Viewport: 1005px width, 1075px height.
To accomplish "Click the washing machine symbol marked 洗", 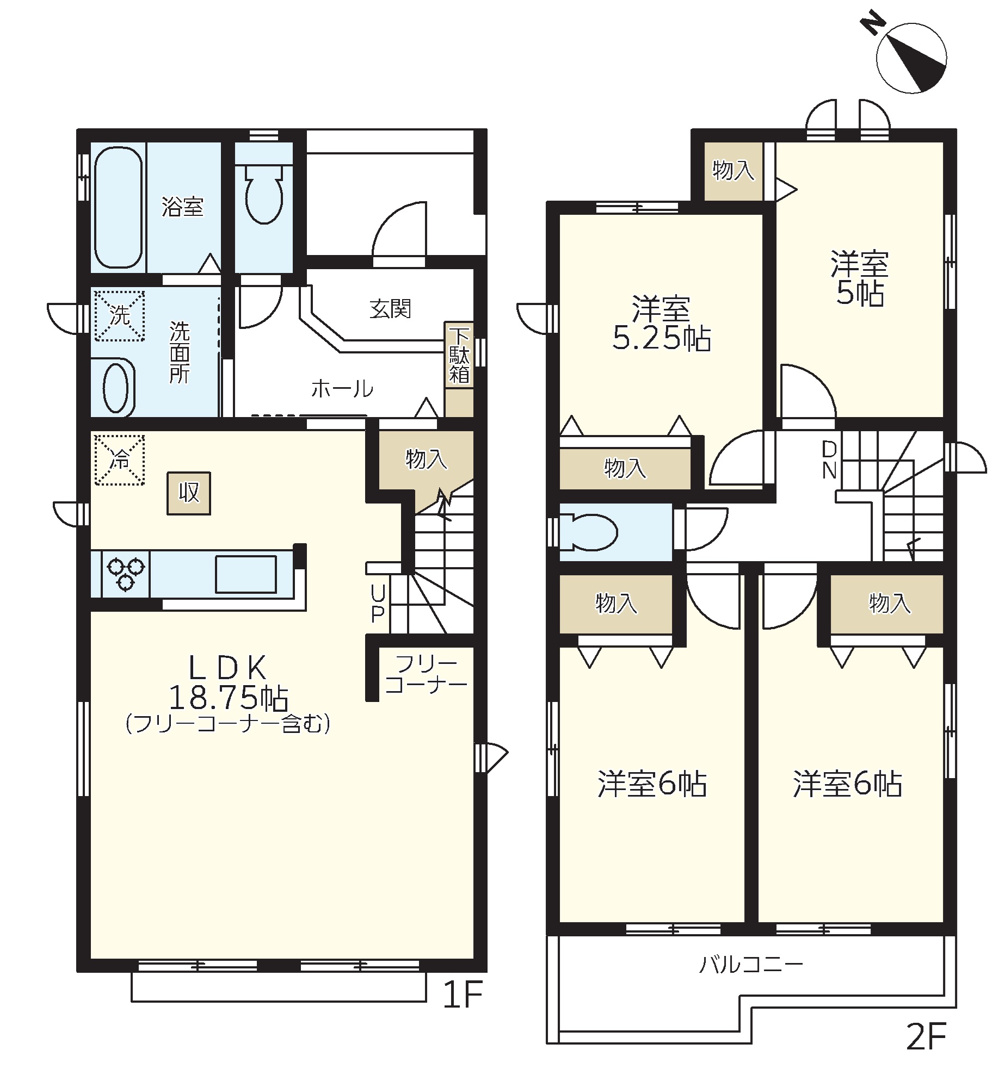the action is [x=120, y=316].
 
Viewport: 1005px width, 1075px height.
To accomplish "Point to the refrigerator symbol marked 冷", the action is [x=120, y=460].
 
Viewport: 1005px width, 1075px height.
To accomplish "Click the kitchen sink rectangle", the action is [x=246, y=574].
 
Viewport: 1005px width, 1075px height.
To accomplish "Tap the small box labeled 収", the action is [x=189, y=493].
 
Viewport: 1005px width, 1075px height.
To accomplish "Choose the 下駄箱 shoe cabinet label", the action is [x=460, y=356].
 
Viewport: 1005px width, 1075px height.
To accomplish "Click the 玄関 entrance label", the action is [x=390, y=309].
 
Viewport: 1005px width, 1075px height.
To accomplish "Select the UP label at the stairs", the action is [x=377, y=604].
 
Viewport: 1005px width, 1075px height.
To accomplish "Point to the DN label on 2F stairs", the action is [x=829, y=460].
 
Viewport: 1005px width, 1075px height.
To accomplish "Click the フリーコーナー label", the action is [x=426, y=674].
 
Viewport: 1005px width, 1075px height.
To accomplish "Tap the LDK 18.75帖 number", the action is [x=229, y=698].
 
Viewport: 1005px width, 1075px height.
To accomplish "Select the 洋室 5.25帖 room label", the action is [x=662, y=324].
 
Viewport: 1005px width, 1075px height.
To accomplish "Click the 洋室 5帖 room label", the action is [x=860, y=278].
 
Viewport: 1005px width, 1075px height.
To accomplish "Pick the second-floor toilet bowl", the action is [x=591, y=532].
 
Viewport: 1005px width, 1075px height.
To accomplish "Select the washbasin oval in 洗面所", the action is [x=115, y=387].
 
